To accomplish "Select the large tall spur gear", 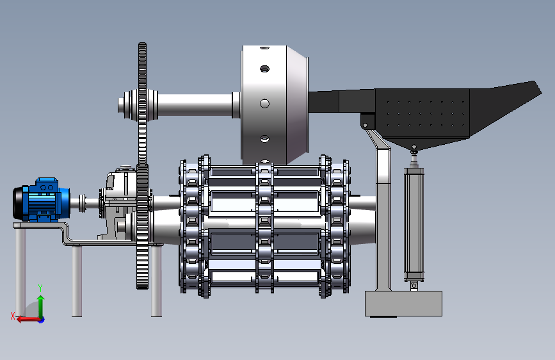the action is (142, 166).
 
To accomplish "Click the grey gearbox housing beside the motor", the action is (118, 203).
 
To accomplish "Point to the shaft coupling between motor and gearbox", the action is (83, 203).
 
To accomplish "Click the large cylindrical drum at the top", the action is (275, 105).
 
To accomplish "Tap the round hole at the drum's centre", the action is (265, 104).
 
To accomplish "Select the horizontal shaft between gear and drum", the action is (195, 104).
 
